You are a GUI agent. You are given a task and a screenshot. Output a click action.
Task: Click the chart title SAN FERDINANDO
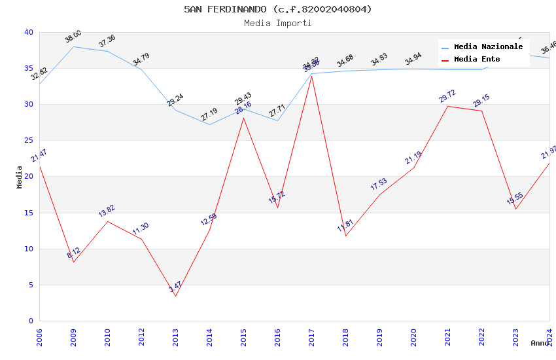[x=278, y=9]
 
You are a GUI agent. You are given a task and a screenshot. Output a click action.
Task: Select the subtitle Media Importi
[x=278, y=23]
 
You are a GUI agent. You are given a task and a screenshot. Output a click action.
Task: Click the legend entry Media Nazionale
[x=488, y=46]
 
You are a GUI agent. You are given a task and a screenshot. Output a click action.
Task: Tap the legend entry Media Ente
[x=477, y=59]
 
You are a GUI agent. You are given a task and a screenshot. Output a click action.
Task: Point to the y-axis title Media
[x=20, y=177]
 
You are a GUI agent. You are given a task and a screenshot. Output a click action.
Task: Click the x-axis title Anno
[x=540, y=343]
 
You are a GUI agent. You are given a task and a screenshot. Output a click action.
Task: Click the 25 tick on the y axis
[x=28, y=140]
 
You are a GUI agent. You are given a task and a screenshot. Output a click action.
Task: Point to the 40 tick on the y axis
[x=28, y=32]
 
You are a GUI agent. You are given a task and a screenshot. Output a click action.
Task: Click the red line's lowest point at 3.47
[x=175, y=296]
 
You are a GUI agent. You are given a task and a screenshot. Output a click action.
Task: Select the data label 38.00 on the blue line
[x=73, y=37]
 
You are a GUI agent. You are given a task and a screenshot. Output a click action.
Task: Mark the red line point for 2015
[x=243, y=118]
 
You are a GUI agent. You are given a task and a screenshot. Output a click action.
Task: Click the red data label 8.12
[x=73, y=253]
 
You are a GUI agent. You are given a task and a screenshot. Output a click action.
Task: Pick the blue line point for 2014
[x=209, y=124]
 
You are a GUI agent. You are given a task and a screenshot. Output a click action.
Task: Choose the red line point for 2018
[x=345, y=236]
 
